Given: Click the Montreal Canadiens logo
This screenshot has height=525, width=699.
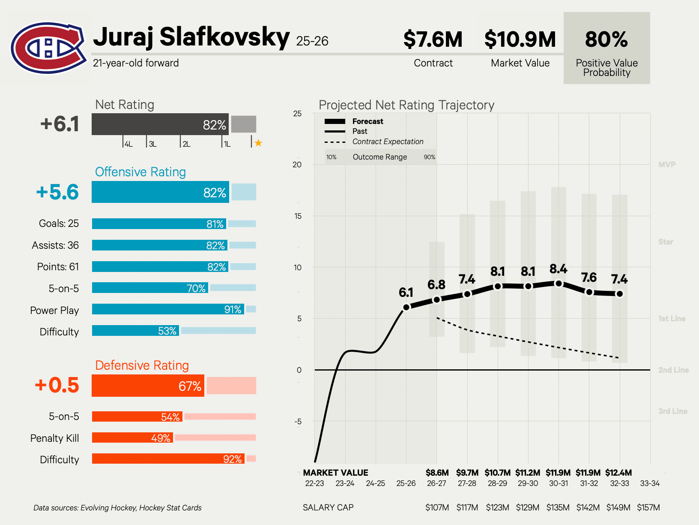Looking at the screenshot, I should click(48, 48).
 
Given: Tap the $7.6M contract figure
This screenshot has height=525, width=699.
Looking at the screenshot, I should click(433, 39).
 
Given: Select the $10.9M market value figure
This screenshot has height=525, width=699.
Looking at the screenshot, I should click(520, 39).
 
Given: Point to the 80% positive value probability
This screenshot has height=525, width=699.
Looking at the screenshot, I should click(606, 39).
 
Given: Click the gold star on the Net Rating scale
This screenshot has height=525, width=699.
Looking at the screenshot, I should click(258, 143).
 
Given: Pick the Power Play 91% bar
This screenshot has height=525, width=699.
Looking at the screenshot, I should click(168, 309).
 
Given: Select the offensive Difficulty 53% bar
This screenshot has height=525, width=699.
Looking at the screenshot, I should click(135, 331).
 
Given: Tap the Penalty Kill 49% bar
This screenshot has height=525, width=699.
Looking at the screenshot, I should click(132, 437).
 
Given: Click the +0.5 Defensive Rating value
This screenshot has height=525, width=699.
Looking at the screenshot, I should click(57, 385).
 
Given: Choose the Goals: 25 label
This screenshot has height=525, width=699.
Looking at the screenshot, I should click(59, 223).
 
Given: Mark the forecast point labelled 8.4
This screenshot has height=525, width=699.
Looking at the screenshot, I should click(559, 284).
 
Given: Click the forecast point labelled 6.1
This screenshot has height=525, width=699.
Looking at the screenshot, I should click(406, 307).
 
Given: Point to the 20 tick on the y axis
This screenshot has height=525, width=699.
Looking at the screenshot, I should click(297, 165).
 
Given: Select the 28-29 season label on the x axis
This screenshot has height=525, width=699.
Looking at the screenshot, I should click(497, 483).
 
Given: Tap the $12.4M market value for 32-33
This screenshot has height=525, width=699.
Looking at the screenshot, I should click(618, 473).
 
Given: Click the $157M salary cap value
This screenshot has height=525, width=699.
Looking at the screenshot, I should click(648, 507).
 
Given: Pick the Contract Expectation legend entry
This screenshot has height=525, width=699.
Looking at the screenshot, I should click(387, 142).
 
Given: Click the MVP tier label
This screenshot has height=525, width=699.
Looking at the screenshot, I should click(666, 165).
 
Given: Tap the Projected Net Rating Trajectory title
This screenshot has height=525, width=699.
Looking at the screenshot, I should click(406, 105).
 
